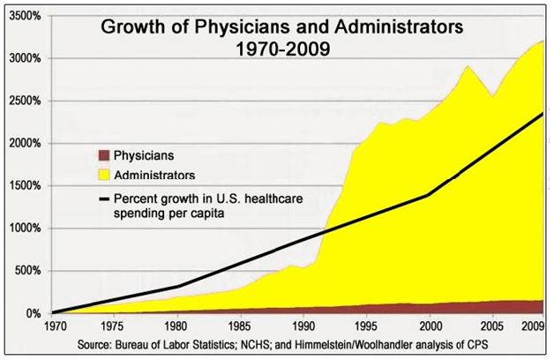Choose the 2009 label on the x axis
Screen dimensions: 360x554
pyautogui.click(x=532, y=327)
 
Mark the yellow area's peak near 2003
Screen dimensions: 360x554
pyautogui.click(x=468, y=66)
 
